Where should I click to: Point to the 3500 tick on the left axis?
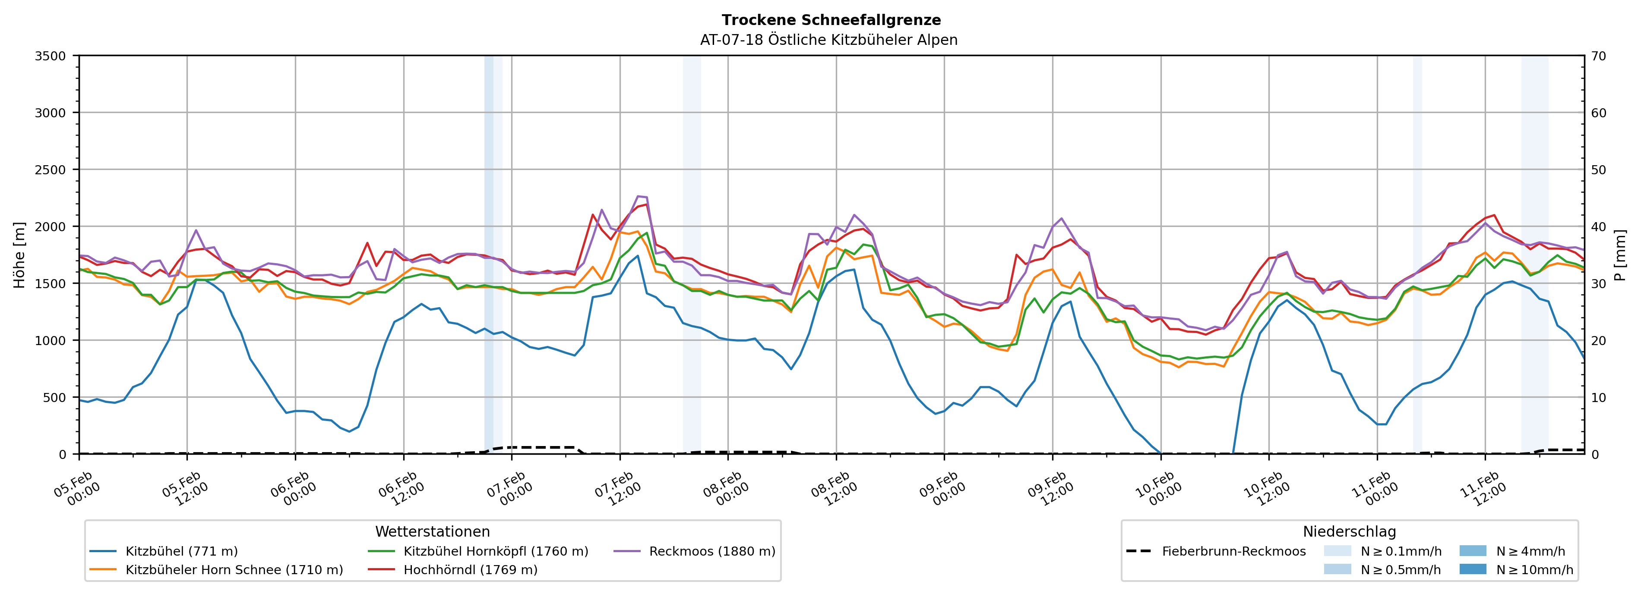click(x=51, y=56)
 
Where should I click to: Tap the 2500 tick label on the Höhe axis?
click(x=51, y=170)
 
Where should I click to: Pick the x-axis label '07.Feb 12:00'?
click(x=615, y=489)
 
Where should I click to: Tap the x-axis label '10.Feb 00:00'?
click(x=1156, y=489)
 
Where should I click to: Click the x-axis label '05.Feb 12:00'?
click(x=182, y=489)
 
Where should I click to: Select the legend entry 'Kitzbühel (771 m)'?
click(x=182, y=551)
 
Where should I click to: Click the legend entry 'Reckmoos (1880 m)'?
click(x=711, y=551)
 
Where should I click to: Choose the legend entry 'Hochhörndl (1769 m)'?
click(x=470, y=570)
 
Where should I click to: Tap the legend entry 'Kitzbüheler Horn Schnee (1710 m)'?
click(x=234, y=570)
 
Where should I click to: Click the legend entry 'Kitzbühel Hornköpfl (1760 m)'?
click(x=496, y=551)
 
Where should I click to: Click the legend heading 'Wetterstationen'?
click(x=433, y=531)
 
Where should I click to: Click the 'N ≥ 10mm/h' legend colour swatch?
click(x=1472, y=569)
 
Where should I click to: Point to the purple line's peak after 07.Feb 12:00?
click(x=638, y=196)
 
